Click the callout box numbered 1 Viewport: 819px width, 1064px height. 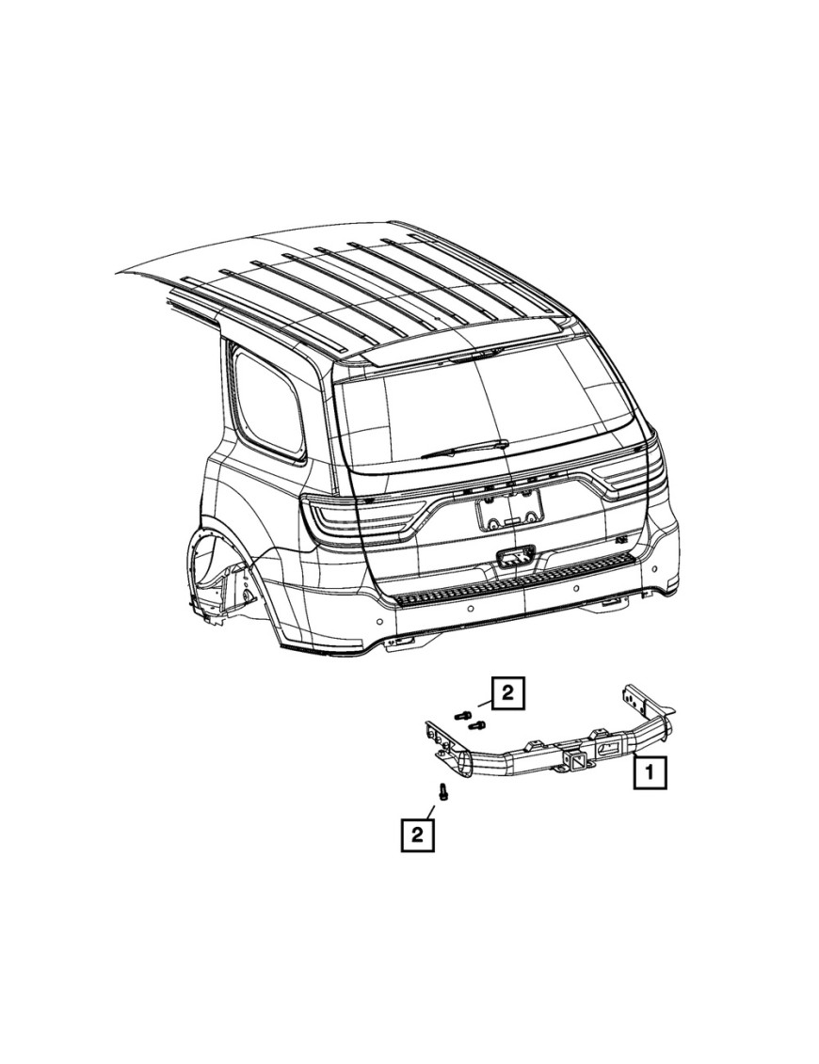(650, 774)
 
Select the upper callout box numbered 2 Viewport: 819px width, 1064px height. (506, 694)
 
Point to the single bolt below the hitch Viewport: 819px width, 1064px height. (442, 792)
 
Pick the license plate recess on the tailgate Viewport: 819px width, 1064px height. (509, 513)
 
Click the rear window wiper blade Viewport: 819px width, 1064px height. (464, 450)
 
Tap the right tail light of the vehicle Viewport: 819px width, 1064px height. (636, 475)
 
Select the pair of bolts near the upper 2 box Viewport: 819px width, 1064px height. (470, 720)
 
